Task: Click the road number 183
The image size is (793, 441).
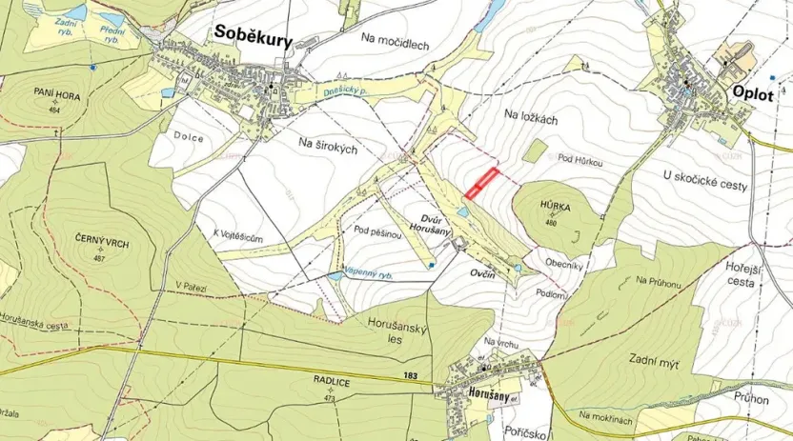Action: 411,376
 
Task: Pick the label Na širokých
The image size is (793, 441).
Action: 327,146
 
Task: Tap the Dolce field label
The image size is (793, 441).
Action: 189,137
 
